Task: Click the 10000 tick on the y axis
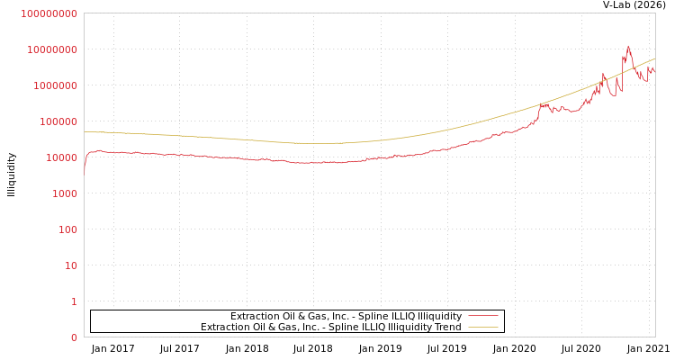point(60,157)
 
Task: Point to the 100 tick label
point(67,229)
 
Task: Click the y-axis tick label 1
point(73,301)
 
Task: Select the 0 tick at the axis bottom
point(73,337)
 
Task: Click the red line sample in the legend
point(483,316)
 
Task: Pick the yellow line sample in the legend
point(483,327)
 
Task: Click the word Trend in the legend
point(446,327)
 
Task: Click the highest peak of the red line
point(628,46)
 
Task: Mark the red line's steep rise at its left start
point(85,162)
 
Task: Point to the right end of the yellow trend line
point(654,59)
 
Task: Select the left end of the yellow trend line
point(85,131)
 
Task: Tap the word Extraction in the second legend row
point(223,327)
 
